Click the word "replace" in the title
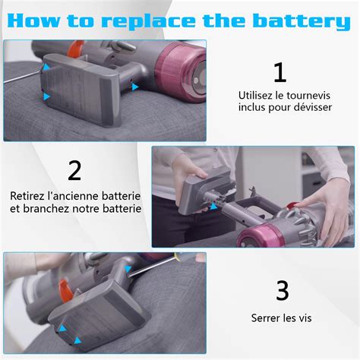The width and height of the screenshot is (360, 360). click(x=148, y=21)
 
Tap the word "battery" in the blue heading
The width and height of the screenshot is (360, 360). click(x=302, y=21)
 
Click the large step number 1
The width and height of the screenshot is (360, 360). click(x=280, y=73)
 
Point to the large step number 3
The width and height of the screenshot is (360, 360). click(x=282, y=291)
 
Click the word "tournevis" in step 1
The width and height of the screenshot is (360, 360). click(x=308, y=96)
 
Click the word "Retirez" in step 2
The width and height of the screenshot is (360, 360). click(x=27, y=196)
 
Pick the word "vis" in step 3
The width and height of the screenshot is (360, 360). click(x=305, y=318)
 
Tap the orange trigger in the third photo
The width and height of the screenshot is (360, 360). click(x=65, y=290)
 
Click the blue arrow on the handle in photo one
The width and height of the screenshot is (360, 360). click(x=135, y=87)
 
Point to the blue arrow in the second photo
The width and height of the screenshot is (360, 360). click(x=213, y=206)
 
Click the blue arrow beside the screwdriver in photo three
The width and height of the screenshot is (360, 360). click(x=128, y=269)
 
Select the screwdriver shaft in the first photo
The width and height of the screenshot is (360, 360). click(x=23, y=77)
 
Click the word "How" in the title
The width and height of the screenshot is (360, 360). click(x=33, y=21)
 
